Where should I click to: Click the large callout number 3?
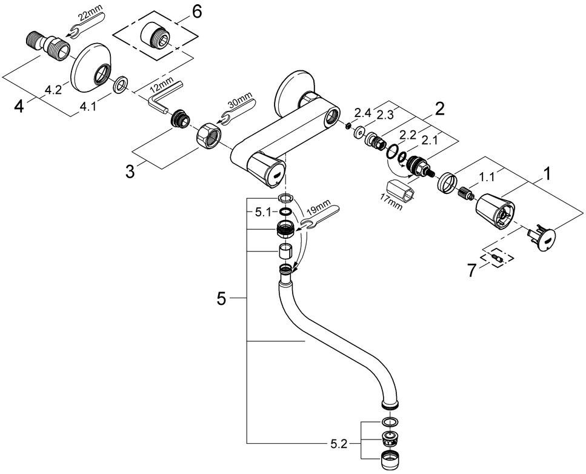(x=130, y=172)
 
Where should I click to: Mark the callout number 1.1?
(x=486, y=178)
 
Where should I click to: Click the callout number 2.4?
(x=362, y=112)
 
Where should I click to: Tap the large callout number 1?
(x=546, y=175)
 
